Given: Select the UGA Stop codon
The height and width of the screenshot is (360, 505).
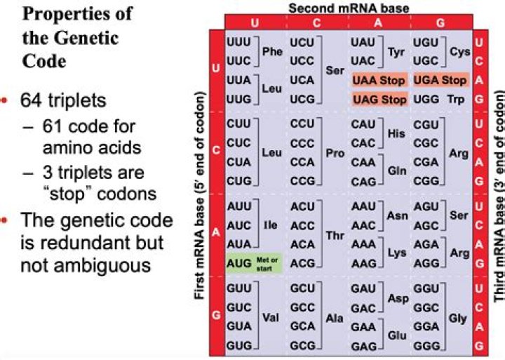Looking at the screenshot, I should point(440,81).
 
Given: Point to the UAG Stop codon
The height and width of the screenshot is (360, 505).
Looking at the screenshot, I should point(379,100).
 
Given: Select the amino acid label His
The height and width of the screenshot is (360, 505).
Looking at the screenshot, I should point(394,133).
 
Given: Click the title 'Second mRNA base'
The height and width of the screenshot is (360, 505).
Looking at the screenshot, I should point(349,7).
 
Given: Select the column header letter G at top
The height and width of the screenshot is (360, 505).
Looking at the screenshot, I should point(440,22).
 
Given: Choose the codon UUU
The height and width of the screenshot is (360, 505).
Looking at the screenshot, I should point(240,42).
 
